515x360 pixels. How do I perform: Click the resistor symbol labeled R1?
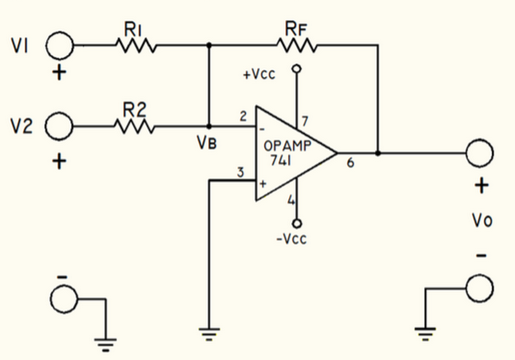(136, 46)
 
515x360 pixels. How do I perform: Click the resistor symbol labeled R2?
(135, 127)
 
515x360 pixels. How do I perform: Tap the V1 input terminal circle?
(60, 46)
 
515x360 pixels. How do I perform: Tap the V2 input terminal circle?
(59, 127)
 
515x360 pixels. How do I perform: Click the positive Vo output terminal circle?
(479, 153)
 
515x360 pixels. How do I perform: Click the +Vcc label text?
(259, 75)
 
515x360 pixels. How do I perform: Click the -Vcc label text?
(291, 239)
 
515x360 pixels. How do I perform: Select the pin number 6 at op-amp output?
(351, 163)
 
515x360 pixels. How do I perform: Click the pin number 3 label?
(240, 172)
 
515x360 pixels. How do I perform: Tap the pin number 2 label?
(243, 117)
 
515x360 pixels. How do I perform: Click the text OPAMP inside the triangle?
(288, 146)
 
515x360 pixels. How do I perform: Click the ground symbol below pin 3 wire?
(209, 333)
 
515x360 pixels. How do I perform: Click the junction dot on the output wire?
(378, 153)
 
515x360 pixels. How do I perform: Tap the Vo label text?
(481, 221)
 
